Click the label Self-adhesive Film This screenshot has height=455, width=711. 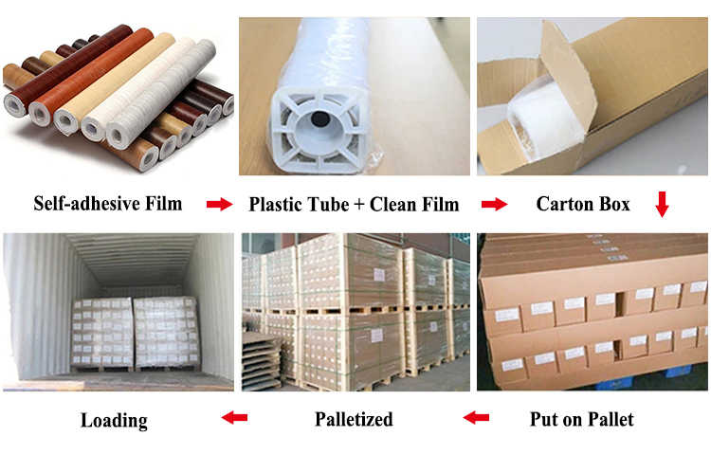pos(108,204)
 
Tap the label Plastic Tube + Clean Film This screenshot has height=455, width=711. pos(354,204)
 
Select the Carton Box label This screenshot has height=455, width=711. pos(583,204)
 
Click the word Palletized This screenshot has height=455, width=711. pos(354,418)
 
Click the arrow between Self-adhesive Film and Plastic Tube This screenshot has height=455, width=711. pos(219,204)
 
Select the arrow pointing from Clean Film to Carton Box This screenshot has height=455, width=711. pos(493,204)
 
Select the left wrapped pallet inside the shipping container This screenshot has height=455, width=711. pos(101,332)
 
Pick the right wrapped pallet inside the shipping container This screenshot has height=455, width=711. pos(166,332)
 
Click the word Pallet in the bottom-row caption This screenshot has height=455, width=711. pos(611,418)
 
